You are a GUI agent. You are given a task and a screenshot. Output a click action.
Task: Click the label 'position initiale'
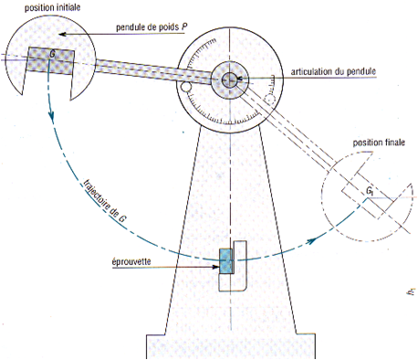pyautogui.click(x=52, y=7)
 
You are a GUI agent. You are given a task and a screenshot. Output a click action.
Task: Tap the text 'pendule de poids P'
pyautogui.click(x=152, y=27)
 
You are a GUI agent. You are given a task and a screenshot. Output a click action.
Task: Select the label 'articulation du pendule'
pyautogui.click(x=333, y=71)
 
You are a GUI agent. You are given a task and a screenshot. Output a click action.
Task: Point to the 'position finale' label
pyautogui.click(x=379, y=143)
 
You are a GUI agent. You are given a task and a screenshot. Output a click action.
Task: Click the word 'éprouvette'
pyautogui.click(x=131, y=261)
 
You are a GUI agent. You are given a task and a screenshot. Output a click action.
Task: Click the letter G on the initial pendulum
pyautogui.click(x=52, y=55)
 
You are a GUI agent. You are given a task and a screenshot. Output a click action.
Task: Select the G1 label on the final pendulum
pyautogui.click(x=370, y=191)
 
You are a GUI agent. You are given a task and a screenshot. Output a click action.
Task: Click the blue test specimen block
pyautogui.click(x=226, y=261)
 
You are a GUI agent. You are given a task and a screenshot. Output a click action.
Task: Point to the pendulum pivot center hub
pyautogui.click(x=230, y=79)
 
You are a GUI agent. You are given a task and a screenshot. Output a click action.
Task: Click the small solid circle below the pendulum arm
pyautogui.click(x=185, y=87)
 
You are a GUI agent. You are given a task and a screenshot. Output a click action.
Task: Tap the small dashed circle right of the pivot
pyautogui.click(x=270, y=100)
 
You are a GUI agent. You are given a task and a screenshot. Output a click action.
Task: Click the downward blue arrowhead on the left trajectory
pyautogui.click(x=51, y=116)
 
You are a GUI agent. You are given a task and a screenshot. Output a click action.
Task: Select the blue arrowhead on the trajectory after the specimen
pyautogui.click(x=310, y=241)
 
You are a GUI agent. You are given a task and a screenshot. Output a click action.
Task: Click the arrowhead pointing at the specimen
pyautogui.click(x=216, y=267)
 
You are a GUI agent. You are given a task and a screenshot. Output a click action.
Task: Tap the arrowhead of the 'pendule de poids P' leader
pyautogui.click(x=62, y=34)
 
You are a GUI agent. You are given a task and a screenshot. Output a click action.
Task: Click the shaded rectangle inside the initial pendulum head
pyautogui.click(x=50, y=61)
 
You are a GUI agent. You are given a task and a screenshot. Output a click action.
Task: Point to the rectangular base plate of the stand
pyautogui.click(x=231, y=347)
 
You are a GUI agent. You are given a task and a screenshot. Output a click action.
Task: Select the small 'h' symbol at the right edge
pyautogui.click(x=412, y=291)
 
